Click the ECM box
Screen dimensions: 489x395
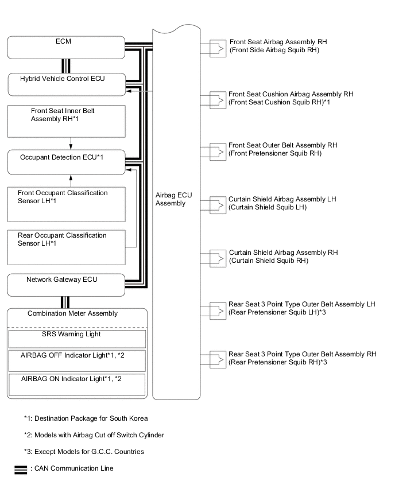click(x=67, y=47)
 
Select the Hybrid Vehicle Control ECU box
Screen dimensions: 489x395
click(x=67, y=84)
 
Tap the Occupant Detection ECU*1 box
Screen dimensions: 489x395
click(x=67, y=162)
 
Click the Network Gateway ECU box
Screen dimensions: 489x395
click(x=67, y=285)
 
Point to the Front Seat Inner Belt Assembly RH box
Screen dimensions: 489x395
click(x=67, y=121)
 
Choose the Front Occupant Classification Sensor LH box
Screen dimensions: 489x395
click(x=67, y=204)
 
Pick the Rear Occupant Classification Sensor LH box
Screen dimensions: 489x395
click(x=67, y=246)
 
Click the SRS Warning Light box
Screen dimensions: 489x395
click(x=77, y=337)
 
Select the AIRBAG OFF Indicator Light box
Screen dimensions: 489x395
click(x=77, y=360)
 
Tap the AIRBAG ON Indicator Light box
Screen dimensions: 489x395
click(x=77, y=384)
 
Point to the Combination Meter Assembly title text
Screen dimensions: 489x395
click(x=72, y=313)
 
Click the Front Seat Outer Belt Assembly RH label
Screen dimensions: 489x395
click(x=283, y=149)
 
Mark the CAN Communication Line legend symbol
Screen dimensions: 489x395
click(x=21, y=469)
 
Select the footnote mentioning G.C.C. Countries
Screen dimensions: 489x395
click(x=84, y=452)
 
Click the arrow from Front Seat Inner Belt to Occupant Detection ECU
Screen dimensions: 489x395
click(x=70, y=143)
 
